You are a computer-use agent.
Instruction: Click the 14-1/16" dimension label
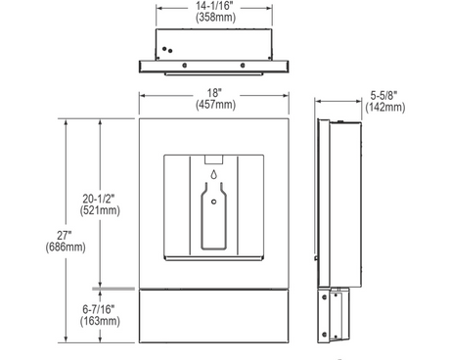tap(214, 6)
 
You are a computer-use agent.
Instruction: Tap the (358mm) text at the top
tap(215, 17)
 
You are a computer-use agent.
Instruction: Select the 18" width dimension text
tap(214, 93)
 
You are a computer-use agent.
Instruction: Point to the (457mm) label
tap(215, 105)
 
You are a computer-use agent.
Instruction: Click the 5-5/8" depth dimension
tap(383, 96)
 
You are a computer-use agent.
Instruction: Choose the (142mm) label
tap(385, 108)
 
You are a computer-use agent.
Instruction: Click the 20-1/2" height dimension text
tap(99, 199)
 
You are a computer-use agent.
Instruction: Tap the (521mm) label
tap(100, 210)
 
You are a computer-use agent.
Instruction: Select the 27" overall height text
tap(65, 235)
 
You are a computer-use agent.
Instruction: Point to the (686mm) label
tap(66, 247)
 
